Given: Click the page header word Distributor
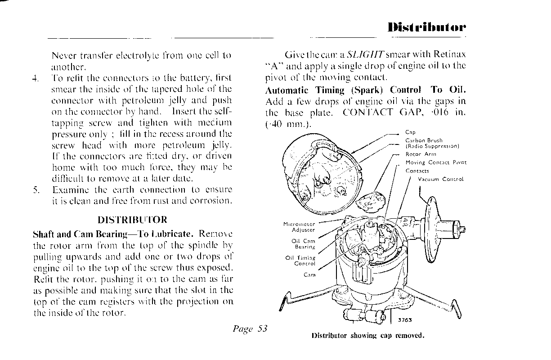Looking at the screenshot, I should tap(427, 27).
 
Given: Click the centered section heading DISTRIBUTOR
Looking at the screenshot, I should tap(132, 220).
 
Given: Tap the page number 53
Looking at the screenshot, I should tap(262, 328).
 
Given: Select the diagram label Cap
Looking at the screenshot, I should tap(410, 132).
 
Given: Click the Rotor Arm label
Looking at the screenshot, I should tap(418, 154).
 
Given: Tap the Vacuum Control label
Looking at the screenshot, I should tap(440, 179).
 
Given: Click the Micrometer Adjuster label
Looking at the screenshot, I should tap(299, 226).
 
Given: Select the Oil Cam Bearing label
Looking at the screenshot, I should tap(304, 243).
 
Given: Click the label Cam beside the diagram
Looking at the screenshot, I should tap(309, 274).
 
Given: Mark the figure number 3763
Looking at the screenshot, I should tap(405, 320).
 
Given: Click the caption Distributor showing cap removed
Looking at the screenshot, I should tap(367, 336).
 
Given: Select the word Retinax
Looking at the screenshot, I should tap(449, 55).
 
